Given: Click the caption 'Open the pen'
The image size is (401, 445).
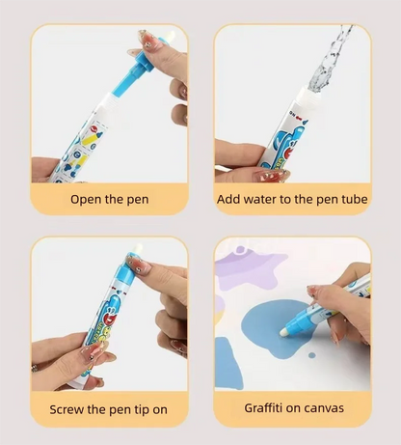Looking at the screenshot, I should click(109, 200).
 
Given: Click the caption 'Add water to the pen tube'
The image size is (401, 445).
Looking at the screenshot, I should click(292, 200).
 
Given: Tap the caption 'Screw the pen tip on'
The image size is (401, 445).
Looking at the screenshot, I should click(108, 409).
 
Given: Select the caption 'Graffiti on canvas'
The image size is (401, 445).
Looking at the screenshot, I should click(291, 409).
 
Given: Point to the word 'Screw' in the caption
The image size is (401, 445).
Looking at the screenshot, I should click(70, 409).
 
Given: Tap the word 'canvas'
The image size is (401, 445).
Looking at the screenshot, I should click(325, 409).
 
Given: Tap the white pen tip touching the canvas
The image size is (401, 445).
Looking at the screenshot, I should click(287, 331).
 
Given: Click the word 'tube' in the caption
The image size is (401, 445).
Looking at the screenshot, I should click(351, 200).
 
